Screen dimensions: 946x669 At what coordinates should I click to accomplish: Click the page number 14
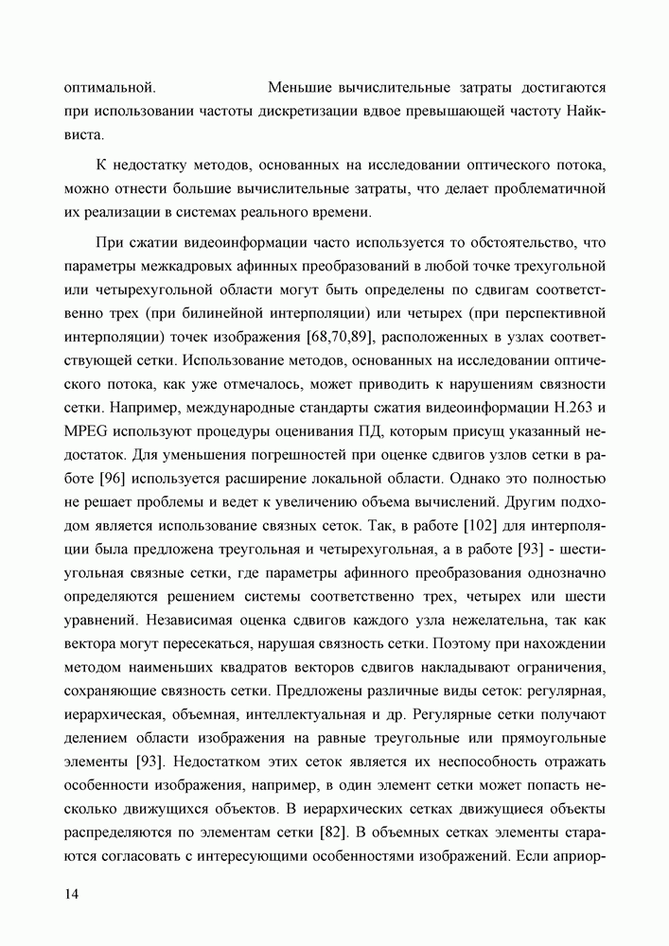(x=72, y=895)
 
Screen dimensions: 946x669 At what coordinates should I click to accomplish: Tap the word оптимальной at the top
(x=110, y=89)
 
